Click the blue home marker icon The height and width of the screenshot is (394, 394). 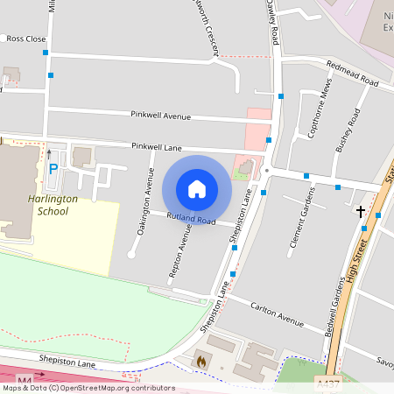pyautogui.click(x=197, y=189)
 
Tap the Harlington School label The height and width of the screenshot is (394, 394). pyautogui.click(x=46, y=205)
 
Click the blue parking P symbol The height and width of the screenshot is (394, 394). pyautogui.click(x=53, y=169)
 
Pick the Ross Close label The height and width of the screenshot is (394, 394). pyautogui.click(x=25, y=39)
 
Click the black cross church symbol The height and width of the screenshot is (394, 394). pyautogui.click(x=361, y=211)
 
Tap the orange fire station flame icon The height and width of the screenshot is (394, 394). pyautogui.click(x=201, y=359)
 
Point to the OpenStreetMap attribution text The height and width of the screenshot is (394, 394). pyautogui.click(x=88, y=388)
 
